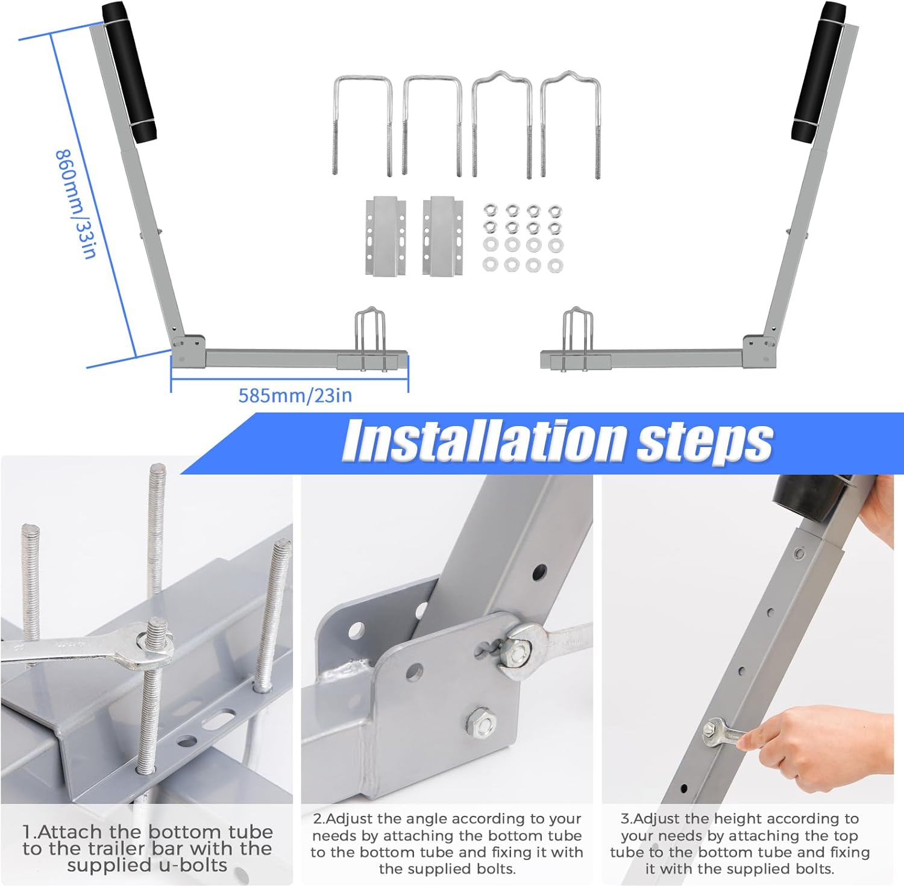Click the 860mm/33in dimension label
pyautogui.click(x=76, y=204)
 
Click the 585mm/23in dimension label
pyautogui.click(x=295, y=396)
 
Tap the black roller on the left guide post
pyautogui.click(x=129, y=72)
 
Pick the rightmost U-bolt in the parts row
pyautogui.click(x=570, y=124)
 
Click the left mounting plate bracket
pyautogui.click(x=385, y=236)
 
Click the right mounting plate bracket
pyautogui.click(x=443, y=236)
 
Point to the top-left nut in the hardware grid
pyautogui.click(x=491, y=210)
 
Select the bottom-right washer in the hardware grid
pyautogui.click(x=554, y=265)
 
